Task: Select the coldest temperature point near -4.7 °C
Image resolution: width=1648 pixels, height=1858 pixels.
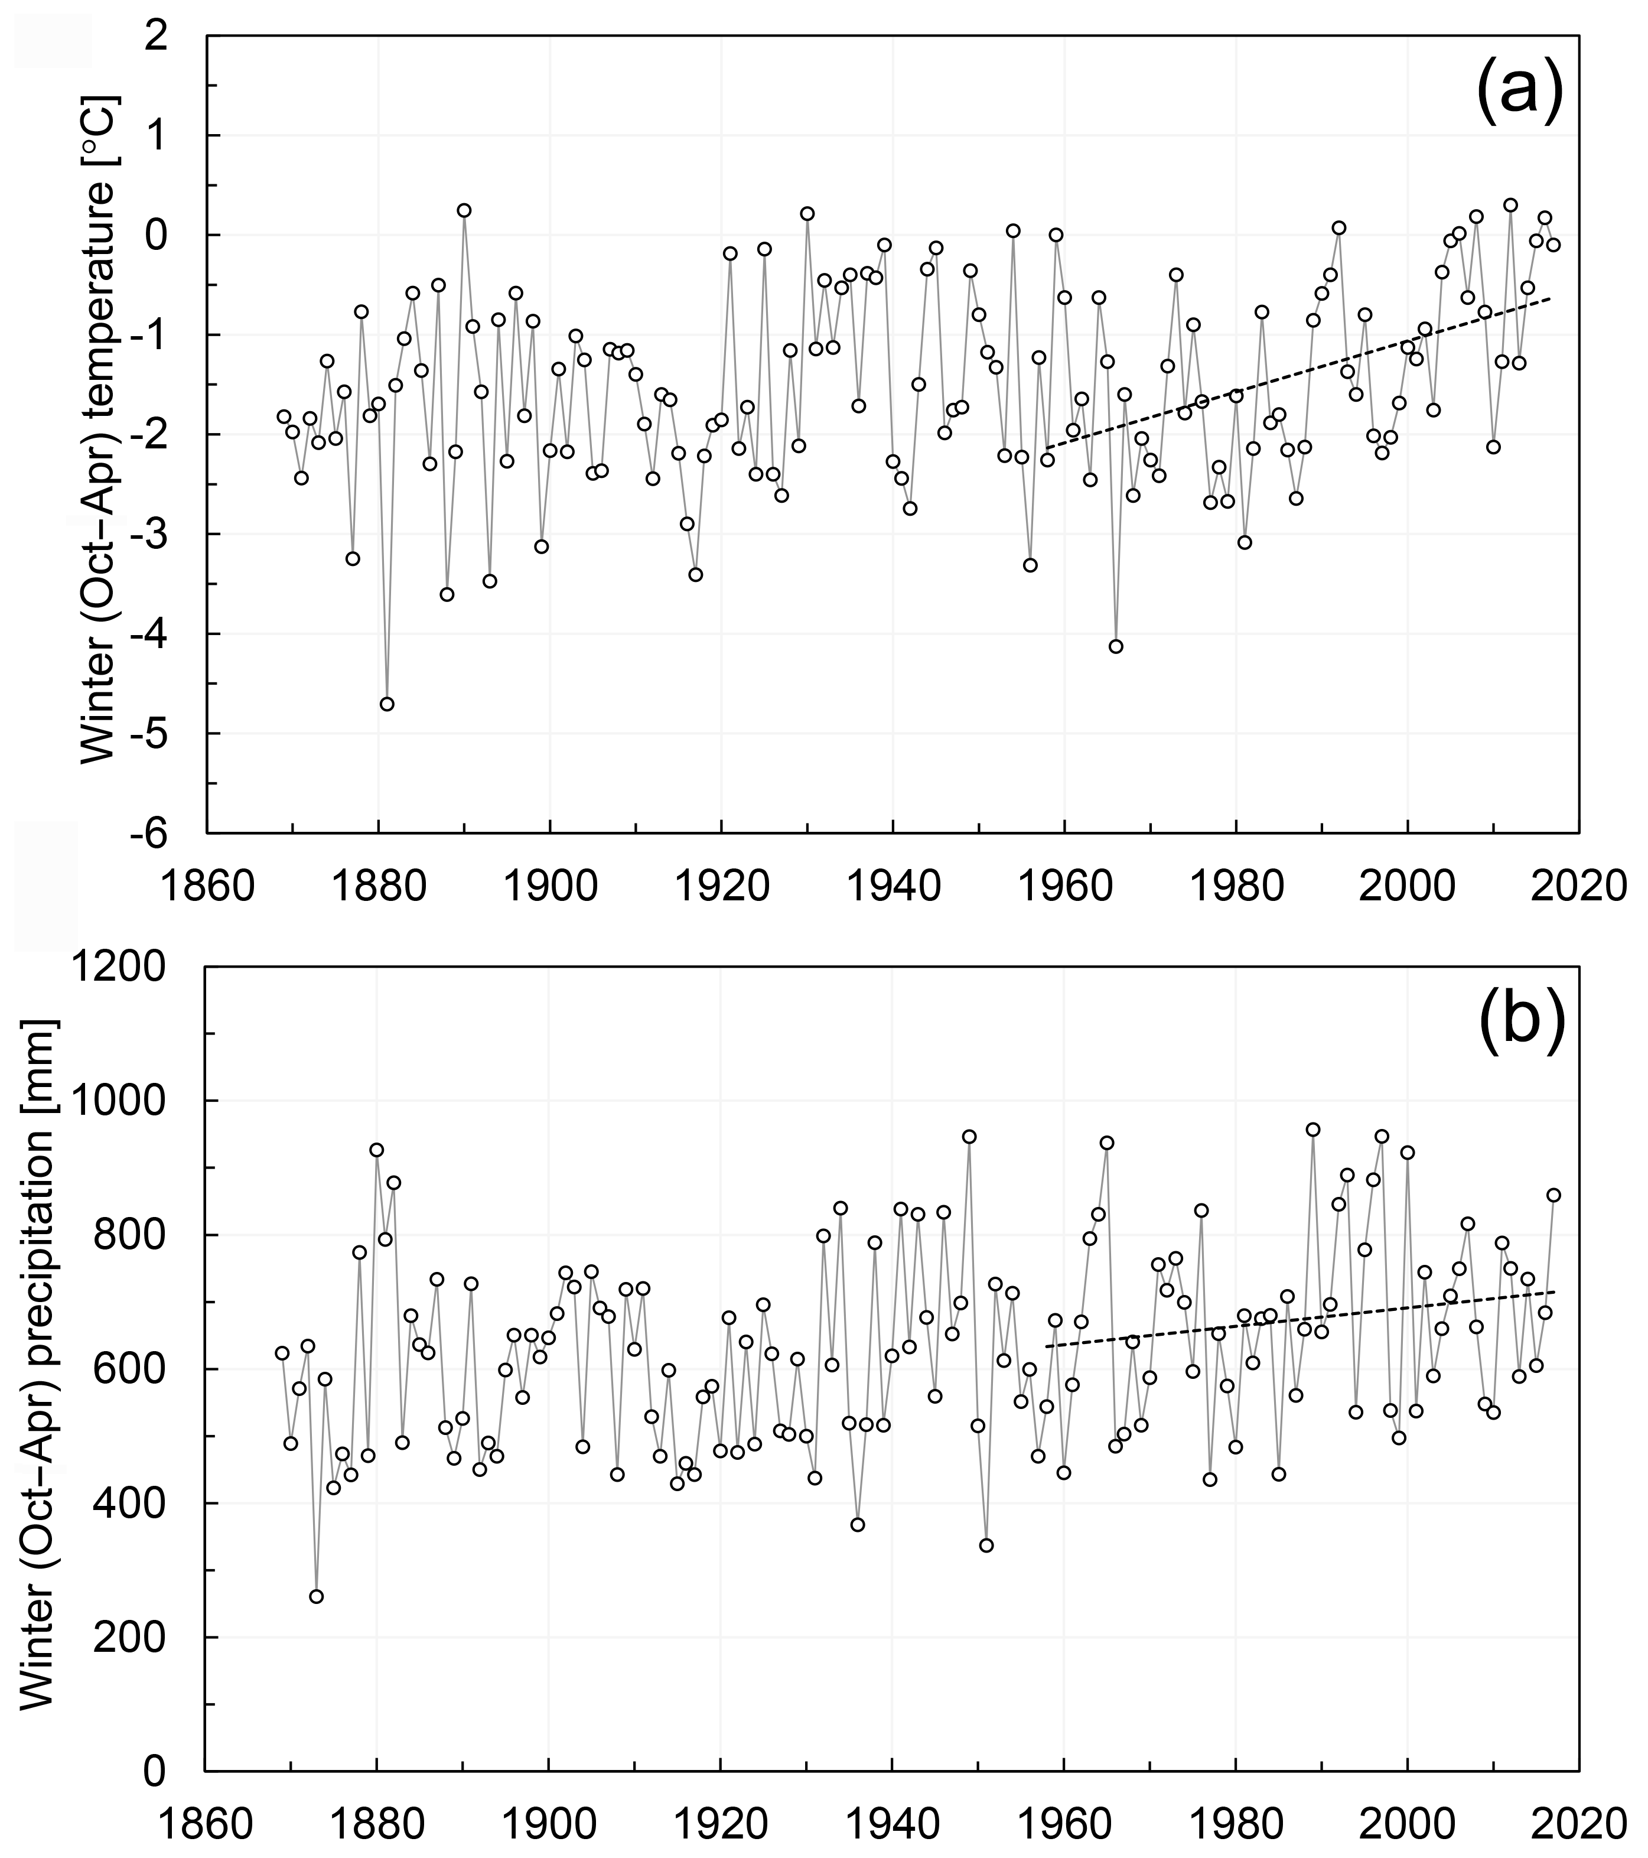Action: point(386,704)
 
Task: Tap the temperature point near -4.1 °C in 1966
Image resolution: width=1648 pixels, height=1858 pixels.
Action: point(1115,646)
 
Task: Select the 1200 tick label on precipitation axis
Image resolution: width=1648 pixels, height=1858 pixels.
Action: point(133,968)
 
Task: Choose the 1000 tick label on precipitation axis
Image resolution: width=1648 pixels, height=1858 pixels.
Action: point(133,1102)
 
